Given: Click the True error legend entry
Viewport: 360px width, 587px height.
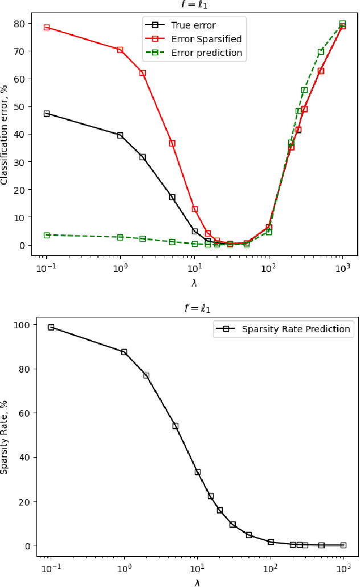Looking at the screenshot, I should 193,25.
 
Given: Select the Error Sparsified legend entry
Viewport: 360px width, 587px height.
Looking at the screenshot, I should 206,39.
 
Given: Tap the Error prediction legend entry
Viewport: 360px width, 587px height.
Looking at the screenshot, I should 206,53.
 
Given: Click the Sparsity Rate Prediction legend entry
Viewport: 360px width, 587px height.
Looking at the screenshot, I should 296,329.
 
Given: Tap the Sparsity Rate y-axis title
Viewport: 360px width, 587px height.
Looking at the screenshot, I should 5,437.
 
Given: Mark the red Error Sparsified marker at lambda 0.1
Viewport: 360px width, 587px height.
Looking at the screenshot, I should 47,27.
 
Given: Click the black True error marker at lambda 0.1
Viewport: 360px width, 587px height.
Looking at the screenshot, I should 47,113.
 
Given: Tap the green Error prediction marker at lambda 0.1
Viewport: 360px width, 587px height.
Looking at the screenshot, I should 47,235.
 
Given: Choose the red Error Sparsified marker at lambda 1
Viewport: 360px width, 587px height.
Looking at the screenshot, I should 120,50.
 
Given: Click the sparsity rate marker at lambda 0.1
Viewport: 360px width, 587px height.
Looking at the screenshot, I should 51,327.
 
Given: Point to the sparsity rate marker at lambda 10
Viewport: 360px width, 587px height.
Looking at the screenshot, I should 197,472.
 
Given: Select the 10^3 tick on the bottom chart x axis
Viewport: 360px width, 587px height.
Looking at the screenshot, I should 343,568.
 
